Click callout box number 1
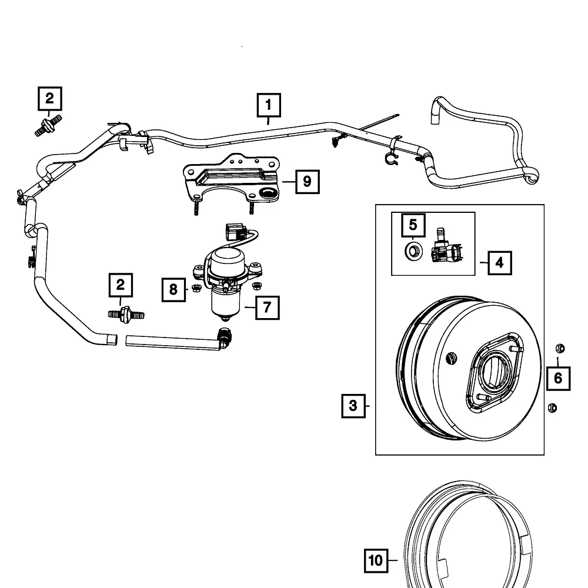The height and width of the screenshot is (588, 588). click(x=268, y=106)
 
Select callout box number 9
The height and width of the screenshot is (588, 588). click(x=307, y=182)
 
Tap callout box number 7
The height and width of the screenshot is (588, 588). click(x=267, y=308)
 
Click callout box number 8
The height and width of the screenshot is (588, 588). click(x=173, y=289)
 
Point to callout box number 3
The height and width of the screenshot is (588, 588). click(x=353, y=405)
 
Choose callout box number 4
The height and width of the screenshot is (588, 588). click(x=499, y=262)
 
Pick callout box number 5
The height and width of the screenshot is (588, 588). click(x=413, y=225)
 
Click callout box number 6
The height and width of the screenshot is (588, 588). click(x=558, y=377)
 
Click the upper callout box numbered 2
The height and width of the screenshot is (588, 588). click(x=50, y=99)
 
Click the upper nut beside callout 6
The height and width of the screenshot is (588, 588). click(x=559, y=348)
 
